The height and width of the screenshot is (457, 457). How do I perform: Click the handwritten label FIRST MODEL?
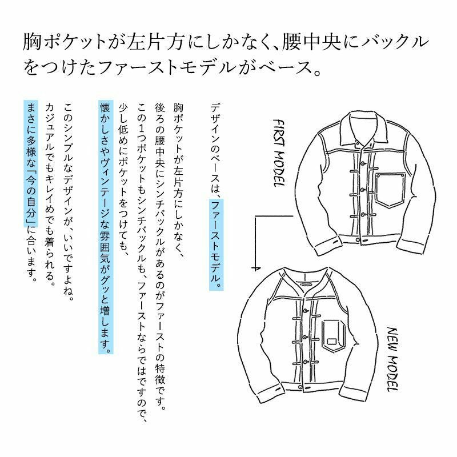tap(279, 153)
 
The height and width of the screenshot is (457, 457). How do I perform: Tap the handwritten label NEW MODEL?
tap(392, 359)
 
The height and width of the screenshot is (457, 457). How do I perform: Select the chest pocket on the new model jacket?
tap(334, 335)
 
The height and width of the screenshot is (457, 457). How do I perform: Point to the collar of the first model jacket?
tap(364, 128)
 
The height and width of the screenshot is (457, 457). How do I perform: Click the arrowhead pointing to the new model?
tap(255, 268)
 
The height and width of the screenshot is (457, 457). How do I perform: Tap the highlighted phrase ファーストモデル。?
tap(216, 244)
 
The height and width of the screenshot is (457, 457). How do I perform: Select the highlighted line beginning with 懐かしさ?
tap(106, 227)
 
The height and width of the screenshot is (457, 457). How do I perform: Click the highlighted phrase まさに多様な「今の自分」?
tap(31, 163)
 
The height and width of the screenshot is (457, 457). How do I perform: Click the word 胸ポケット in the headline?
tap(65, 42)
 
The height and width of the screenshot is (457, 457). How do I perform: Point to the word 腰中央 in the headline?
tap(311, 42)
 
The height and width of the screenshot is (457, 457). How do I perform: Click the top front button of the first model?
tap(363, 163)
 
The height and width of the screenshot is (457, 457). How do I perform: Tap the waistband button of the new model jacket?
tap(300, 387)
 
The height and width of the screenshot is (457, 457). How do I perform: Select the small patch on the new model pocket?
tap(331, 341)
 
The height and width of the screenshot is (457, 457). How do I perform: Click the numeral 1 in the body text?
tap(142, 127)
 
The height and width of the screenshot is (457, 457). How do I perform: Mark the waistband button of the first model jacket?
tap(358, 239)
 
